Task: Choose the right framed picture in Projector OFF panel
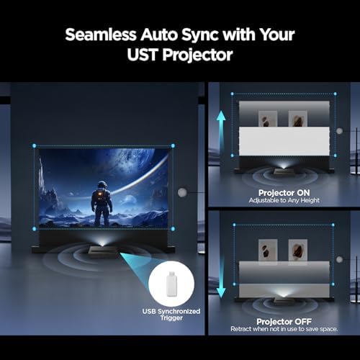pos(297,250)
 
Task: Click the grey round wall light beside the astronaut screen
pos(183,192)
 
